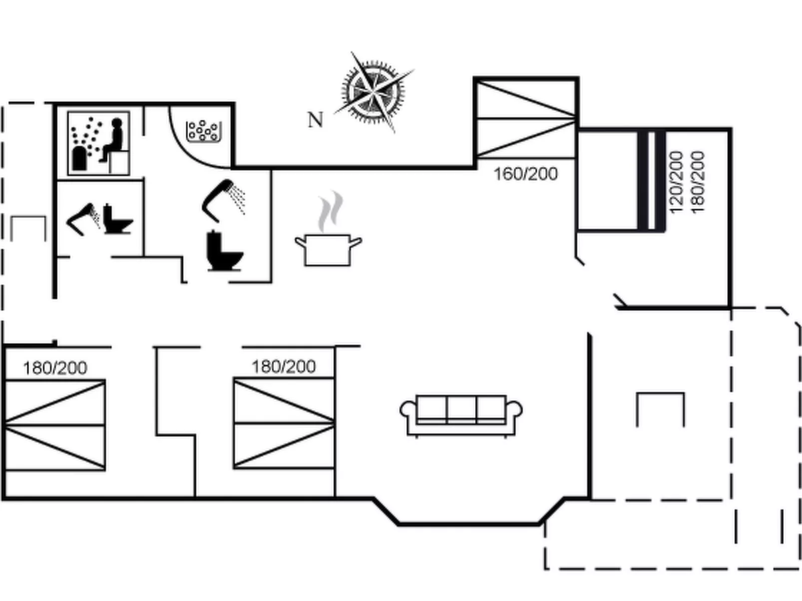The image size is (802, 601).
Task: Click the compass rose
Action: (374, 92)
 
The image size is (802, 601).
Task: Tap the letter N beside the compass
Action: (315, 120)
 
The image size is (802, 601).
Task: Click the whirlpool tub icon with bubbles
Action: (204, 131)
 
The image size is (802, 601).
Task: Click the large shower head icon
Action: (222, 200)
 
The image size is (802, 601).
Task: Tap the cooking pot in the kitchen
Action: (328, 249)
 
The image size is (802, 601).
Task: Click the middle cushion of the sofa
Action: (461, 410)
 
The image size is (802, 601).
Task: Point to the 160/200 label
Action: (525, 174)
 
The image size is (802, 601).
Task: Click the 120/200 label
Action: (676, 182)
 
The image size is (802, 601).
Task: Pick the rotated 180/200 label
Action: (697, 182)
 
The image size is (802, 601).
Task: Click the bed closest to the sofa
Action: (284, 423)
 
